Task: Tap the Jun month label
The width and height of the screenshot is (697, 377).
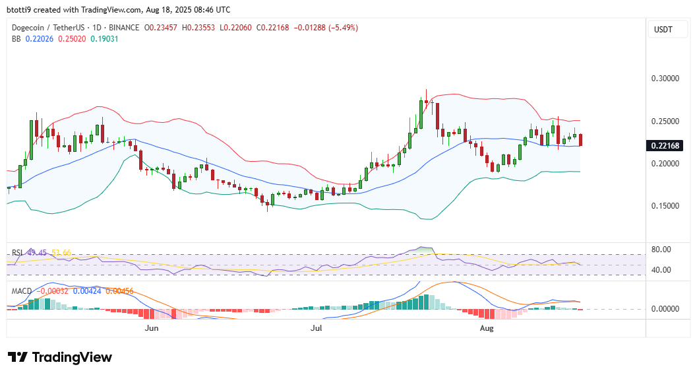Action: click(x=152, y=328)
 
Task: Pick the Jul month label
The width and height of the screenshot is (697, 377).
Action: click(x=316, y=328)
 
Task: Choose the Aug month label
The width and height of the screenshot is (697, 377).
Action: click(x=486, y=328)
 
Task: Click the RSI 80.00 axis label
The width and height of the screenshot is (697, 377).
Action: click(x=661, y=250)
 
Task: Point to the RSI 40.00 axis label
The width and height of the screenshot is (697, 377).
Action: click(x=661, y=270)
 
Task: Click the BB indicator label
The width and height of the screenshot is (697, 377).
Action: click(x=16, y=39)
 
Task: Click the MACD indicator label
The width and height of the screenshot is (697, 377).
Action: click(x=22, y=290)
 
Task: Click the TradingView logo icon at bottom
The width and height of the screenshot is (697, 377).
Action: click(x=18, y=357)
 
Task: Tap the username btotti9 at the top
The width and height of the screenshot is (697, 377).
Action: click(x=20, y=10)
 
